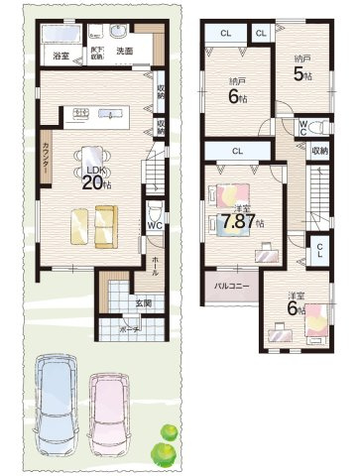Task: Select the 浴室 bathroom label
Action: tap(60, 57)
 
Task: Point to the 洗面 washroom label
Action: tap(124, 51)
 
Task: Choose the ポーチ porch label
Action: tap(129, 326)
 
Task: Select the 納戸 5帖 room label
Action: tap(301, 69)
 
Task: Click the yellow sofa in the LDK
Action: tap(92, 226)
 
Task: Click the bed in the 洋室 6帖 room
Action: tap(313, 320)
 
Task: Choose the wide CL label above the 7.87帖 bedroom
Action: tap(238, 151)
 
